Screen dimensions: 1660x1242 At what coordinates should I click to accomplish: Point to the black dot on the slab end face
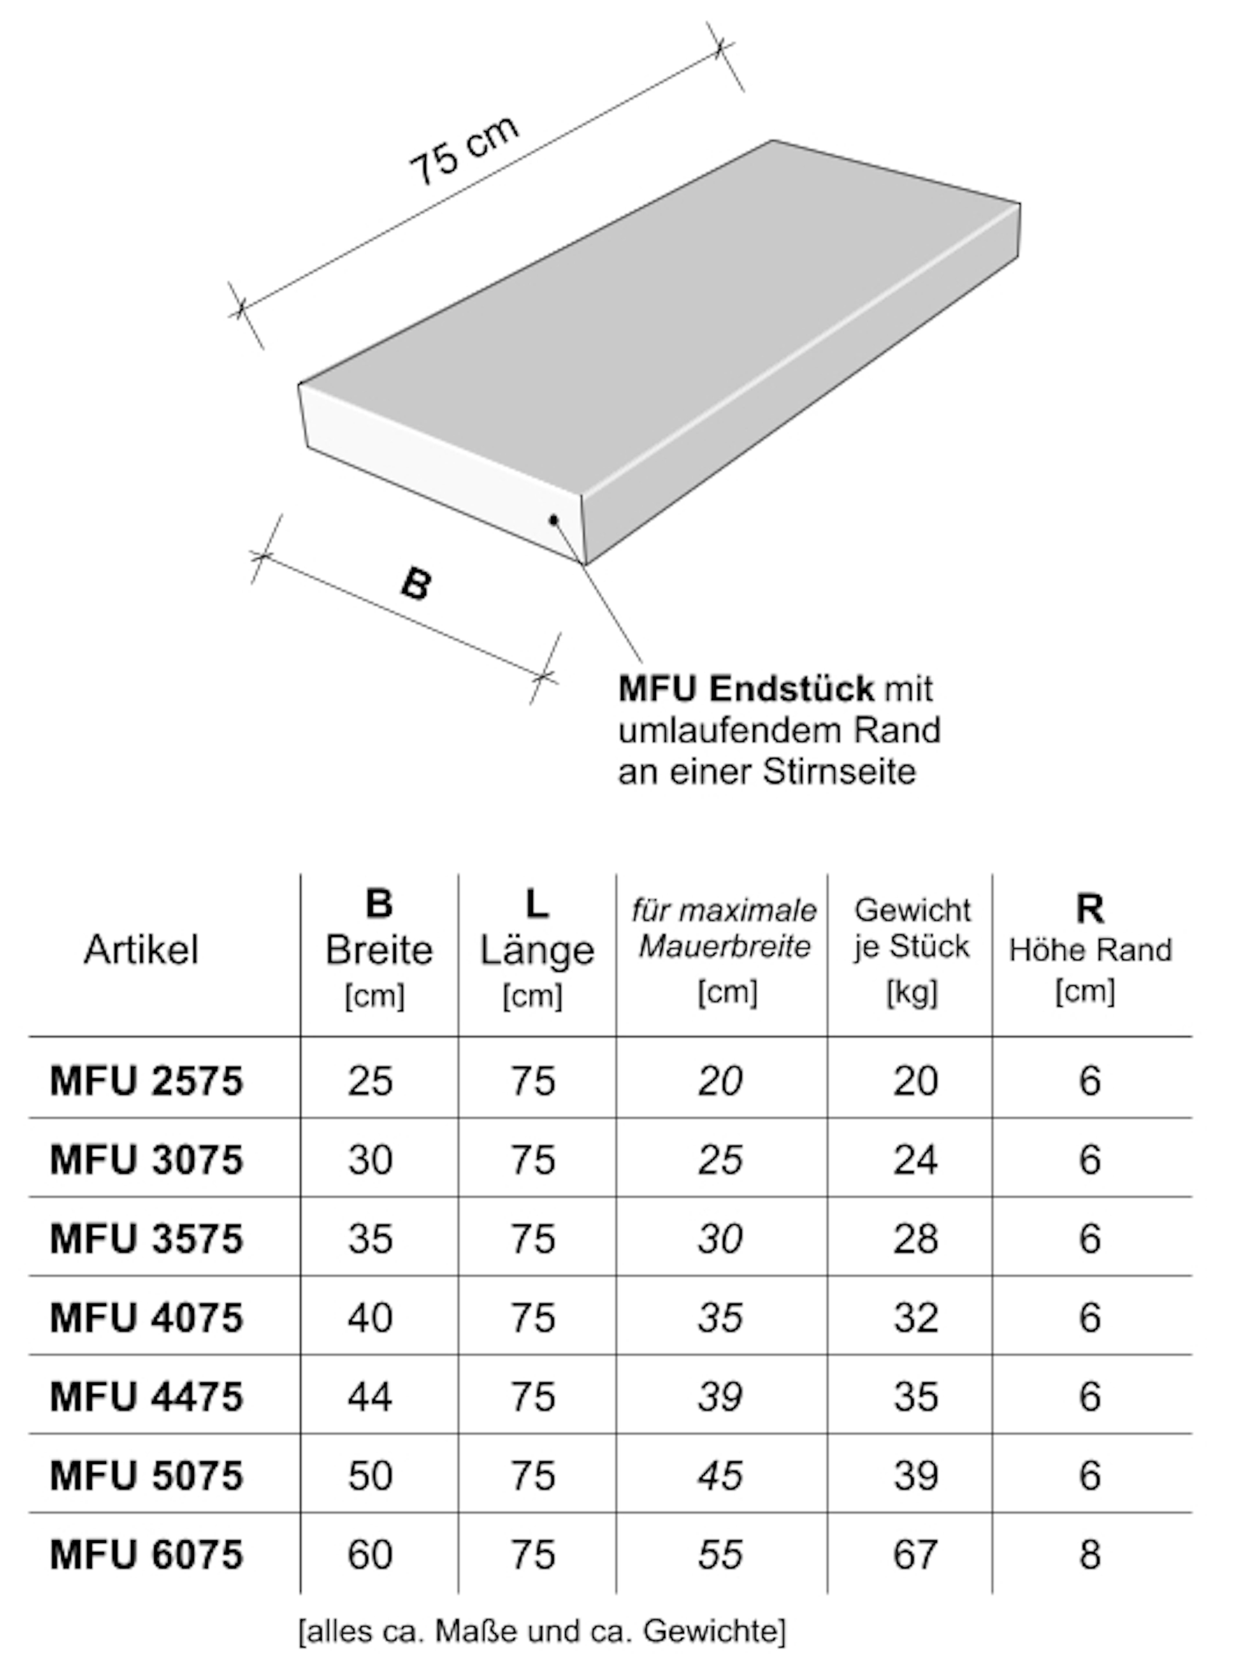(553, 519)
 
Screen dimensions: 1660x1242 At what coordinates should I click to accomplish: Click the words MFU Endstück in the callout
(746, 688)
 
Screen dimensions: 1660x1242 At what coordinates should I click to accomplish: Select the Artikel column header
(141, 950)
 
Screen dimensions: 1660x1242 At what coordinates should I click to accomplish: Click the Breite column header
(379, 950)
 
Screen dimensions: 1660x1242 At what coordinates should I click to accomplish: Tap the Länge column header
(537, 950)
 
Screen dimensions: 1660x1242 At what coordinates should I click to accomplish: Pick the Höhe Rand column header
(1090, 950)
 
